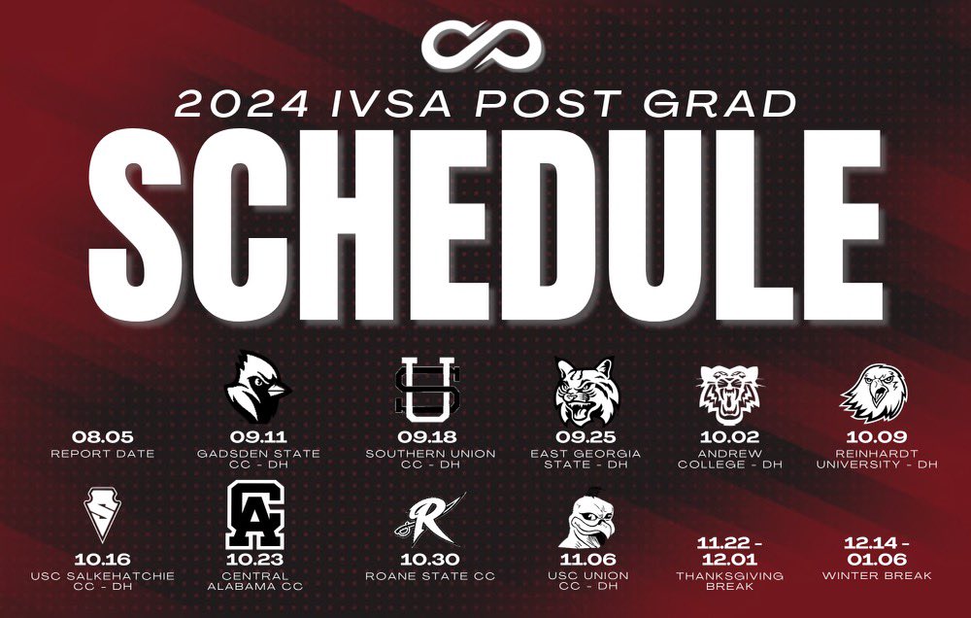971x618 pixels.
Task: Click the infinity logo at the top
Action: (485, 43)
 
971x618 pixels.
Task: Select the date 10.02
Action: (729, 437)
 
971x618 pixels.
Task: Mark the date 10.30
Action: (430, 560)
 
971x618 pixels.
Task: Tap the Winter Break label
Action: (877, 576)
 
